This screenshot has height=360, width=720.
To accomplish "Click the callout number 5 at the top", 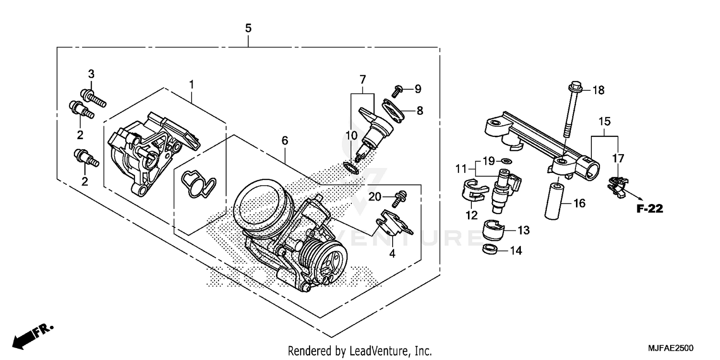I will (x=248, y=28).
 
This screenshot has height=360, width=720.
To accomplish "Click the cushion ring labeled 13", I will (x=493, y=230).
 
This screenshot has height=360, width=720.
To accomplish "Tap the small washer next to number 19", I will (x=505, y=160).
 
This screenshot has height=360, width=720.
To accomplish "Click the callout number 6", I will (x=285, y=141).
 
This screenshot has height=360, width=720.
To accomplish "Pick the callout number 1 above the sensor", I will (x=191, y=84).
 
